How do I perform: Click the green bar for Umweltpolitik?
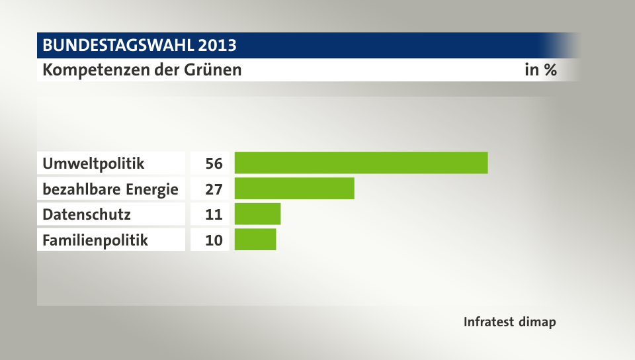pos(361,163)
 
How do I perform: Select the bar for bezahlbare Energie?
pos(294,189)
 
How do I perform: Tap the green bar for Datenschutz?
pos(257,214)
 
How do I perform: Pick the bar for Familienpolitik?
pos(255,240)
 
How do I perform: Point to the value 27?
pos(214,189)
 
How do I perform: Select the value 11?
pos(214,214)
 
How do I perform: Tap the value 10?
pos(214,240)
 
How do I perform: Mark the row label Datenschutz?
pos(87,214)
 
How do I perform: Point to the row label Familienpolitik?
pos(95,240)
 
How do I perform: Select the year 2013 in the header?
pos(217,46)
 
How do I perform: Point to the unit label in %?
pos(540,69)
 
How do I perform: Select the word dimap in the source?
pos(537,322)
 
